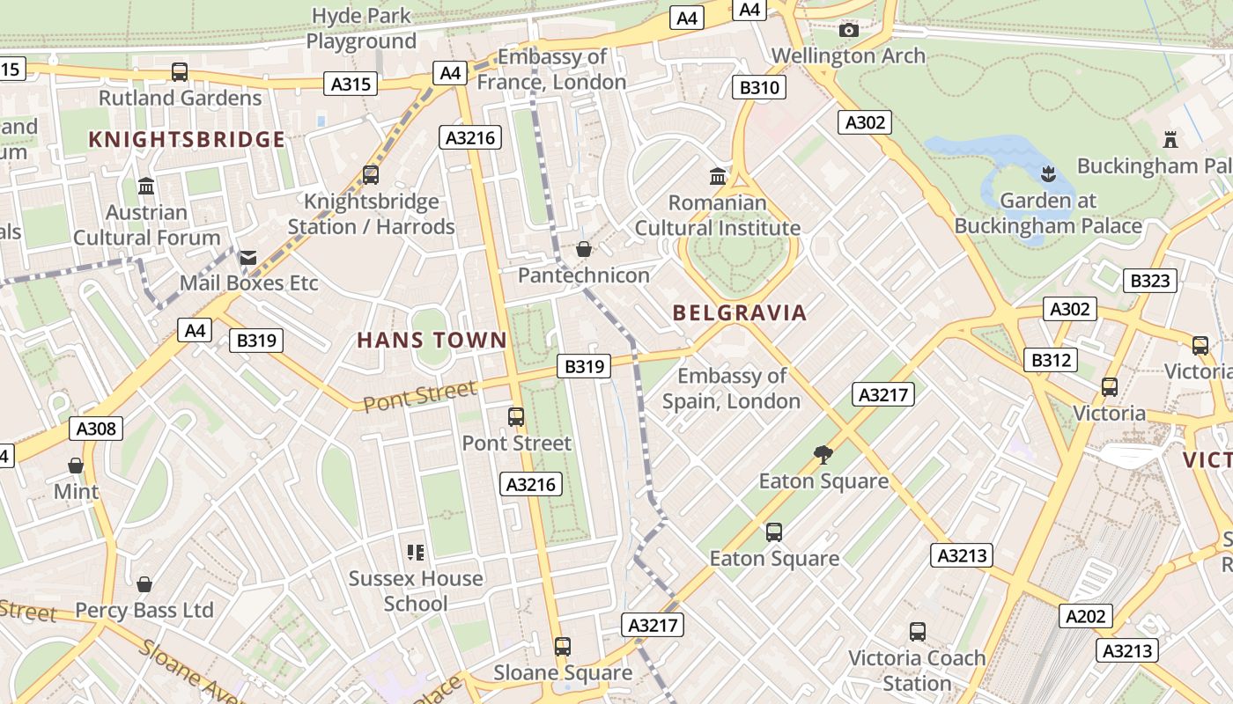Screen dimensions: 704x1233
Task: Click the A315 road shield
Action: tap(353, 84)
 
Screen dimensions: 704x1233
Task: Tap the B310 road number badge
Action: tap(758, 87)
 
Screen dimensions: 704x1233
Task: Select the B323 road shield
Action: tap(1150, 281)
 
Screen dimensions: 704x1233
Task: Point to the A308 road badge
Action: tap(96, 429)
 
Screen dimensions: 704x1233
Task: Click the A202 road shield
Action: tap(1085, 616)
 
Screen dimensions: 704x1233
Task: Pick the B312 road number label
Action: tap(1052, 359)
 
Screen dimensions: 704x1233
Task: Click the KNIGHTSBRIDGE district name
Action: tap(187, 139)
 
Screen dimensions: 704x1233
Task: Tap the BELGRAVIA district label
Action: tap(740, 312)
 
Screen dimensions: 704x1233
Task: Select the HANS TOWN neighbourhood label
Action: tap(432, 340)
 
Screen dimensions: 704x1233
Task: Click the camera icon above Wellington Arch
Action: tap(848, 31)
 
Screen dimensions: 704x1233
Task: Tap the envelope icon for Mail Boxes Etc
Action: tap(247, 258)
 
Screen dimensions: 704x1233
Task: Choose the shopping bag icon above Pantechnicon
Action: tap(583, 250)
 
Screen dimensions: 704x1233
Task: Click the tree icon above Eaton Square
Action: tap(823, 455)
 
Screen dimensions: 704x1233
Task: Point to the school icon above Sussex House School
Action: tap(416, 553)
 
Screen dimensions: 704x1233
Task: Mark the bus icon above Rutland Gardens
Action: tap(180, 71)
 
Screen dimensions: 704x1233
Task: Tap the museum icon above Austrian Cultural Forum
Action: tap(146, 187)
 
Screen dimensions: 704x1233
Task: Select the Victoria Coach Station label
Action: tap(917, 670)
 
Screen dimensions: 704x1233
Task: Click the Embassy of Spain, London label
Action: tap(731, 388)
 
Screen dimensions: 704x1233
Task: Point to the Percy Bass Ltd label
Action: tap(144, 610)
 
